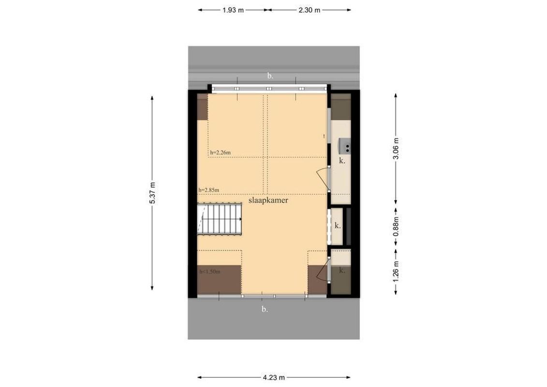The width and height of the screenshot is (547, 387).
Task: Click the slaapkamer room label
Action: click(x=268, y=200)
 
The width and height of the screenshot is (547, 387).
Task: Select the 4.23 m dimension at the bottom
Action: click(x=274, y=377)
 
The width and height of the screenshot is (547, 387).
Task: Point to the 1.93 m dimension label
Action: click(x=233, y=10)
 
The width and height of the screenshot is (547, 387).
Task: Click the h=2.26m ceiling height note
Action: click(x=221, y=153)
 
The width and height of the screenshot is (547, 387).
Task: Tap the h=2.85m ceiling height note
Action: click(x=209, y=190)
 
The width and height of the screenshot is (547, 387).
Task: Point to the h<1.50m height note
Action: click(x=210, y=272)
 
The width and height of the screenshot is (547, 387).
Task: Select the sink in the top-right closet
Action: click(x=344, y=144)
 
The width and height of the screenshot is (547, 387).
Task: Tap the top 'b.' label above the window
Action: click(x=270, y=75)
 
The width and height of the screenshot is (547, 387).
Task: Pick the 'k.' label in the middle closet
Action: click(x=338, y=225)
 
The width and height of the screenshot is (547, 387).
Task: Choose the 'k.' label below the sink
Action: click(x=342, y=161)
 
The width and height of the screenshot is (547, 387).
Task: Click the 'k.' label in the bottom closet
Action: click(x=342, y=270)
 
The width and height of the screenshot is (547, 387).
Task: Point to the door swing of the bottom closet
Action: click(x=322, y=272)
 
